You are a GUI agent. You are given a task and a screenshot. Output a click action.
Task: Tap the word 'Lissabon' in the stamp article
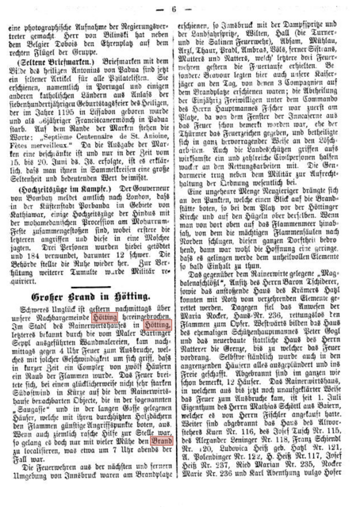[105, 113]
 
